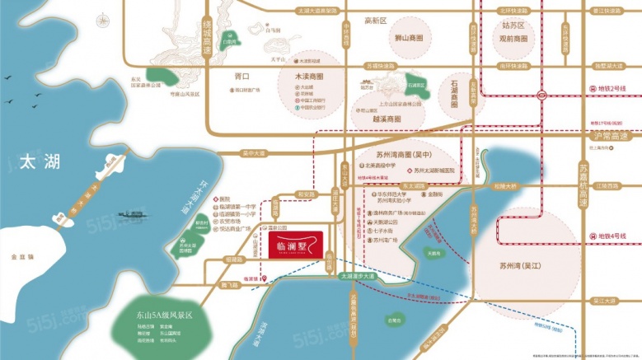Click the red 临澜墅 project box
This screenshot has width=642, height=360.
pyautogui.click(x=296, y=244)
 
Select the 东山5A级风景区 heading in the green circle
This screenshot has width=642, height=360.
pyautogui.click(x=165, y=316)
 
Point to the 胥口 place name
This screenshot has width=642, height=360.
pyautogui.click(x=241, y=76)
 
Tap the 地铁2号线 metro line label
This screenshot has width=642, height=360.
pyautogui.click(x=606, y=88)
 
